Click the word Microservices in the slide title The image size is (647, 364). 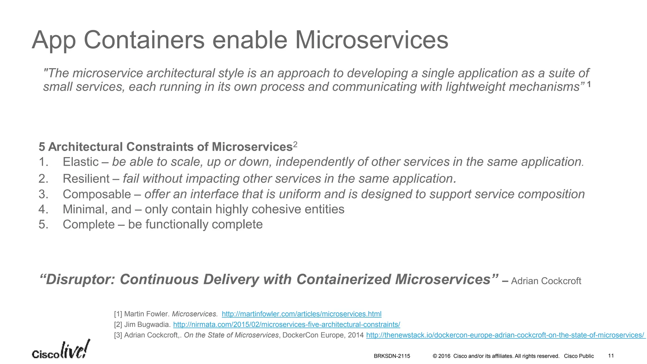[372, 40]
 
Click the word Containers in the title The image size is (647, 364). [144, 40]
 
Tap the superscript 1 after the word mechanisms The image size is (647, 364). [589, 85]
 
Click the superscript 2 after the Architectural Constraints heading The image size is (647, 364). [295, 145]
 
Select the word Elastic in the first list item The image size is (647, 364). [81, 162]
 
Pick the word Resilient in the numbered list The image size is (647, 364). [86, 179]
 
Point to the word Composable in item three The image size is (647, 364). [97, 194]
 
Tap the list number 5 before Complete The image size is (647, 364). [42, 225]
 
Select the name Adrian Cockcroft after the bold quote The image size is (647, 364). [546, 281]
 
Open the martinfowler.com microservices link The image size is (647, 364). [301, 314]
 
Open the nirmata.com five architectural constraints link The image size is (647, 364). [287, 325]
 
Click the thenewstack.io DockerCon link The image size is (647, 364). [505, 335]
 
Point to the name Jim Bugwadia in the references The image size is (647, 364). [147, 325]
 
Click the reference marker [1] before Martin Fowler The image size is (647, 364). [118, 314]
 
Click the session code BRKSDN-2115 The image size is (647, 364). [392, 356]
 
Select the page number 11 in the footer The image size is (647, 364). [611, 356]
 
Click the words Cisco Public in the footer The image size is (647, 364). [579, 356]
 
